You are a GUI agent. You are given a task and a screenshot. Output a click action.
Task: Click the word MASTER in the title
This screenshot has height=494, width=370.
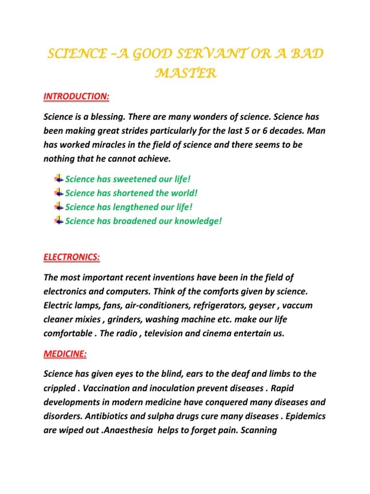185,73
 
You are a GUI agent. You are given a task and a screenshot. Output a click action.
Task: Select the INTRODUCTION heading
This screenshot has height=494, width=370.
77,97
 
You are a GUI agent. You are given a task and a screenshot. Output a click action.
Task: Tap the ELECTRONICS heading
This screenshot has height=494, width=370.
72,257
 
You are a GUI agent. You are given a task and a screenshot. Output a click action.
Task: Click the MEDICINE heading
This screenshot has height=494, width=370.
65,354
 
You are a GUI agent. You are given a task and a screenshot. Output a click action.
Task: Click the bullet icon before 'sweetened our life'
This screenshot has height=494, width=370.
58,178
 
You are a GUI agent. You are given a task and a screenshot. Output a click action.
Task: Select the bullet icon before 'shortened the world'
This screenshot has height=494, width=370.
58,192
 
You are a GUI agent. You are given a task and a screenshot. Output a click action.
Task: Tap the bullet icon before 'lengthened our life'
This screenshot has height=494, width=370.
58,206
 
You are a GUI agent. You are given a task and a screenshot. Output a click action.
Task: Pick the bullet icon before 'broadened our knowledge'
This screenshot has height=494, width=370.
58,220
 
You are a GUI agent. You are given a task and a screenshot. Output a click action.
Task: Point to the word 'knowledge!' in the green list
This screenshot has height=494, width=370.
198,221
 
